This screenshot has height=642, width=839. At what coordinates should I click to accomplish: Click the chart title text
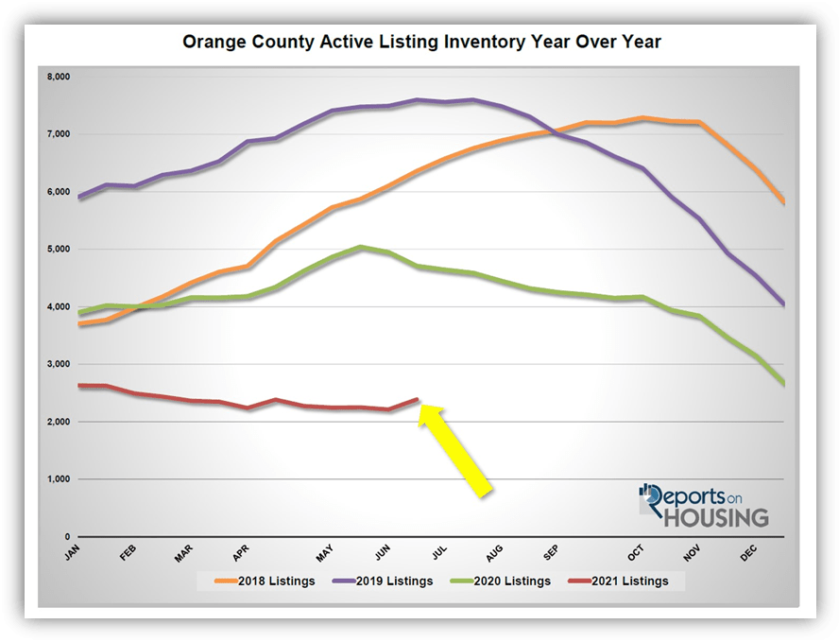420,42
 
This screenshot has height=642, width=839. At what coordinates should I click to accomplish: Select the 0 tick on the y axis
65,537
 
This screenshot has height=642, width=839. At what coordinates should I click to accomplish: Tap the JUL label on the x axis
439,554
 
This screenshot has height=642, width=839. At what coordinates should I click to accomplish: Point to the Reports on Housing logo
704,506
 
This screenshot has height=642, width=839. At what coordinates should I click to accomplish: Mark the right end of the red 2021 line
418,399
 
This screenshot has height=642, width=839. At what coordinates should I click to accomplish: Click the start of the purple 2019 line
78,198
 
